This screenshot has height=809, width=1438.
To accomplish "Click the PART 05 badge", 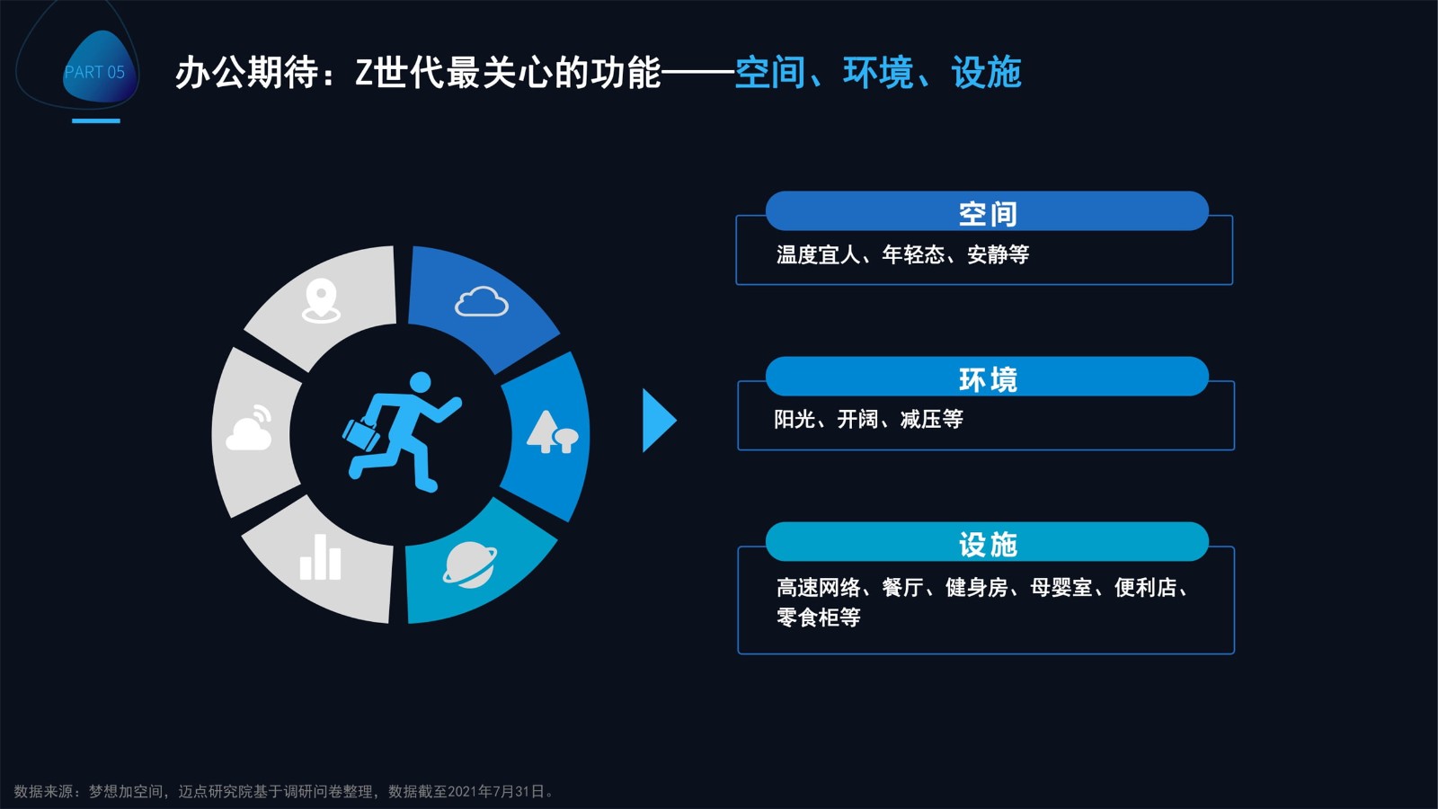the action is point(96,68).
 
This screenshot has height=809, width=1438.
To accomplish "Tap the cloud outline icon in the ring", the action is point(482,301).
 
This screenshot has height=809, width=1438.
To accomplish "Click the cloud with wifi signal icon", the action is point(249,427).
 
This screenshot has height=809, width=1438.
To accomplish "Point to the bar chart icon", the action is point(320,557).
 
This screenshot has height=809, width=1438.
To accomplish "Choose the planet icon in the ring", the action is point(469,565).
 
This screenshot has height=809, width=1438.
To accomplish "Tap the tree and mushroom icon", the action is point(552,431).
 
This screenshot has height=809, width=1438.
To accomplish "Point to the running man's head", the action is point(421,381).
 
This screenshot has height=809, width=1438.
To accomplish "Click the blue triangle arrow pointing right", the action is point(659,421).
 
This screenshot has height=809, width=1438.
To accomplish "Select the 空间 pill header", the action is point(987,211).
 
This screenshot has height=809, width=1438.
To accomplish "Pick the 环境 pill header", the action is point(987,377).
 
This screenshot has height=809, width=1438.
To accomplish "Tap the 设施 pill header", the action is point(987,542).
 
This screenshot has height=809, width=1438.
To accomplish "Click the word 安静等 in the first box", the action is point(998,255).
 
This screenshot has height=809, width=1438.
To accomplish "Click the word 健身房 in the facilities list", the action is point(976,588).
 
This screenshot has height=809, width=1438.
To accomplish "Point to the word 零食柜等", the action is point(819,617).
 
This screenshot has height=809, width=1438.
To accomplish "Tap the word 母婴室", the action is point(1061,588).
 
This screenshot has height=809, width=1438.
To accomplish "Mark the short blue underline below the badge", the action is point(95,120).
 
